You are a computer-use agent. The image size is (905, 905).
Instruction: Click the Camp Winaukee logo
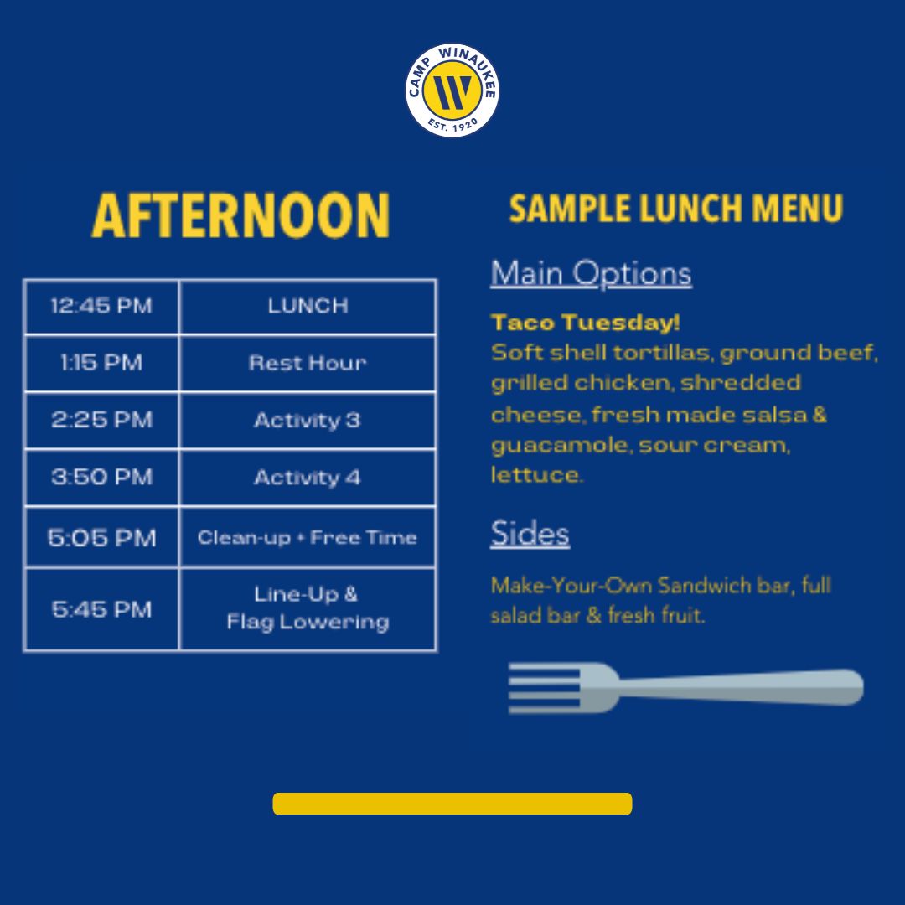(x=452, y=90)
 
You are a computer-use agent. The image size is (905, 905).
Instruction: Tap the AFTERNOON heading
(x=240, y=215)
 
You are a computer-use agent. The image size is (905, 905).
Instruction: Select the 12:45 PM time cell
(x=101, y=306)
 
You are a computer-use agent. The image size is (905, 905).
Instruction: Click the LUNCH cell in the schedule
(x=308, y=306)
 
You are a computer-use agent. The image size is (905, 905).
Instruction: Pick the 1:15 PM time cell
(x=101, y=363)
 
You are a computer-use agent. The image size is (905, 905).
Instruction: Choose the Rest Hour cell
(x=308, y=363)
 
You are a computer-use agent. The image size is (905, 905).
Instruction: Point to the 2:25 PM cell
(x=101, y=420)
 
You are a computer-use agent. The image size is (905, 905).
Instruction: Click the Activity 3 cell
(x=308, y=420)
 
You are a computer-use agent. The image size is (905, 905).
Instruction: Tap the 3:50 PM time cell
(x=101, y=478)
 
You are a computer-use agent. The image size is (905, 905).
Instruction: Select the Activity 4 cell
(x=308, y=478)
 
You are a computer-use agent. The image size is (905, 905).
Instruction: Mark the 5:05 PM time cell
(x=101, y=537)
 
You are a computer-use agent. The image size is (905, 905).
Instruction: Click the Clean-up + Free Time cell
(x=308, y=537)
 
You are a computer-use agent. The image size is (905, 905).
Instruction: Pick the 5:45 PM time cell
(x=101, y=609)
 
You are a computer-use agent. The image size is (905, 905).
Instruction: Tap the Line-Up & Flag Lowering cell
(x=308, y=609)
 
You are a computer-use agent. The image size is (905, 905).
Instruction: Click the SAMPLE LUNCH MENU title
(x=676, y=209)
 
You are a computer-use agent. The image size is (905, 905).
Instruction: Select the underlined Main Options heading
(x=591, y=273)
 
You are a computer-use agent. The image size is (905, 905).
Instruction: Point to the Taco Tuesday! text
(x=585, y=322)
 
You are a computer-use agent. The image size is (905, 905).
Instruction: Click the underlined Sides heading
(x=530, y=533)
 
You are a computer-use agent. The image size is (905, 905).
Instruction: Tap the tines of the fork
(x=546, y=688)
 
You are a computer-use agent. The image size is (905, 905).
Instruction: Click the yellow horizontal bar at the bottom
(x=452, y=804)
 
